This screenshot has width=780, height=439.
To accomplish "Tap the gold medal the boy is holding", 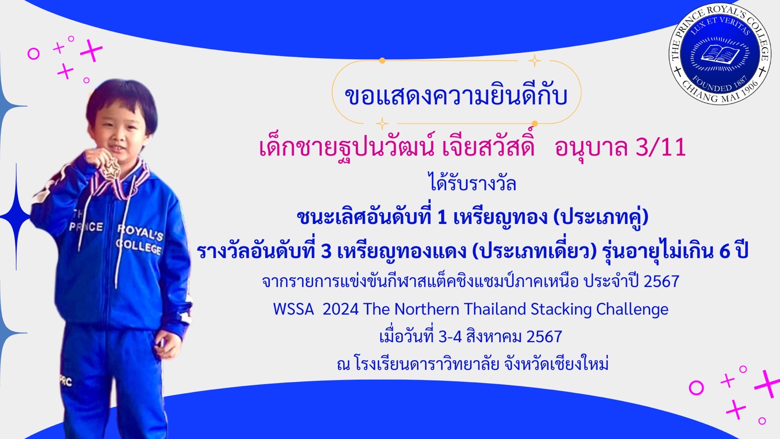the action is [111, 169].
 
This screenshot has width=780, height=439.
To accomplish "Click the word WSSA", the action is [294, 309].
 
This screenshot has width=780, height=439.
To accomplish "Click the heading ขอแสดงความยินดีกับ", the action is [456, 96].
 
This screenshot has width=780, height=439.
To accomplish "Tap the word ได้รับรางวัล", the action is [473, 184].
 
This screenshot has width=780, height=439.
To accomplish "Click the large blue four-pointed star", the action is [16, 217].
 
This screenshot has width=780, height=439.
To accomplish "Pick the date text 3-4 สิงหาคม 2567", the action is [500, 337].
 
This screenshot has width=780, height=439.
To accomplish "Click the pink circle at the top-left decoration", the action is [33, 54].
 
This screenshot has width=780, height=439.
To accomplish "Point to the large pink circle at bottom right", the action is [696, 387].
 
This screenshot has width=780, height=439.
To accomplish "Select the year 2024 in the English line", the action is [341, 309].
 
